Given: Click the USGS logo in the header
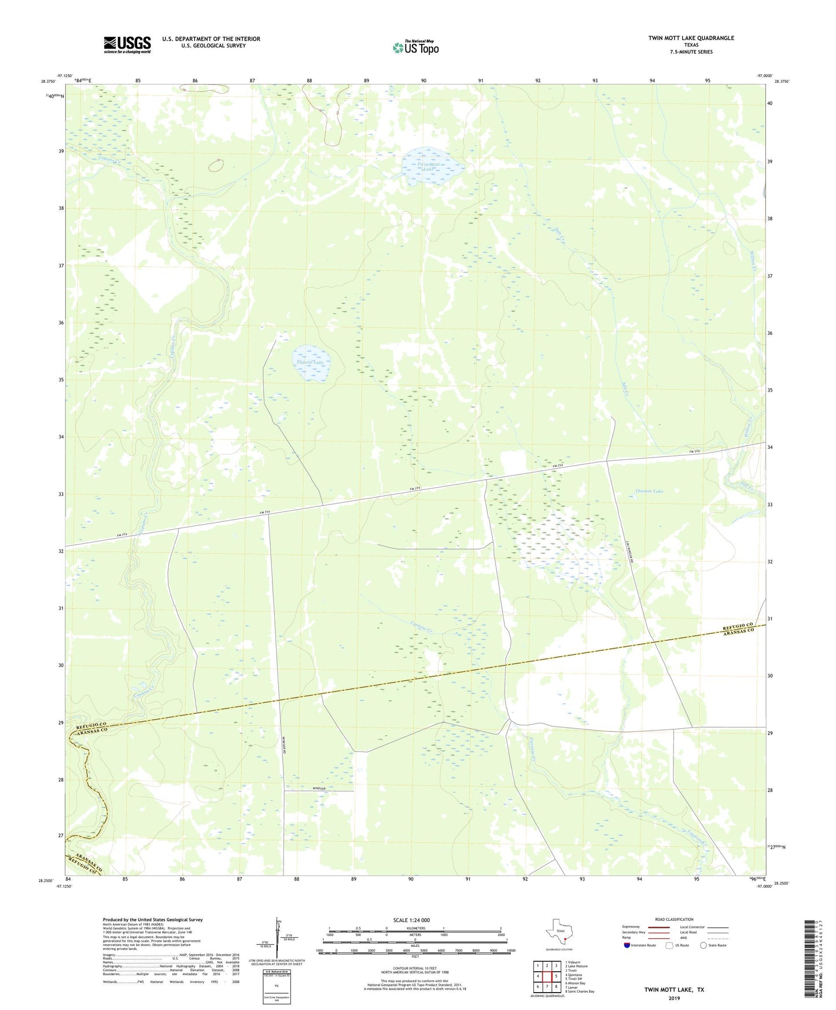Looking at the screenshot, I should [x=127, y=44].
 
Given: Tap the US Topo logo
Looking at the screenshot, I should [x=415, y=47].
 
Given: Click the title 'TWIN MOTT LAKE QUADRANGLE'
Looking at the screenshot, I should [x=691, y=38].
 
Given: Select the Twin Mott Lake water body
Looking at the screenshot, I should [x=433, y=165].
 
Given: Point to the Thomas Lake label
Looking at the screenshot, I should [x=649, y=491].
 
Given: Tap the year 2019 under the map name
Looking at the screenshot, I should [x=674, y=998].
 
